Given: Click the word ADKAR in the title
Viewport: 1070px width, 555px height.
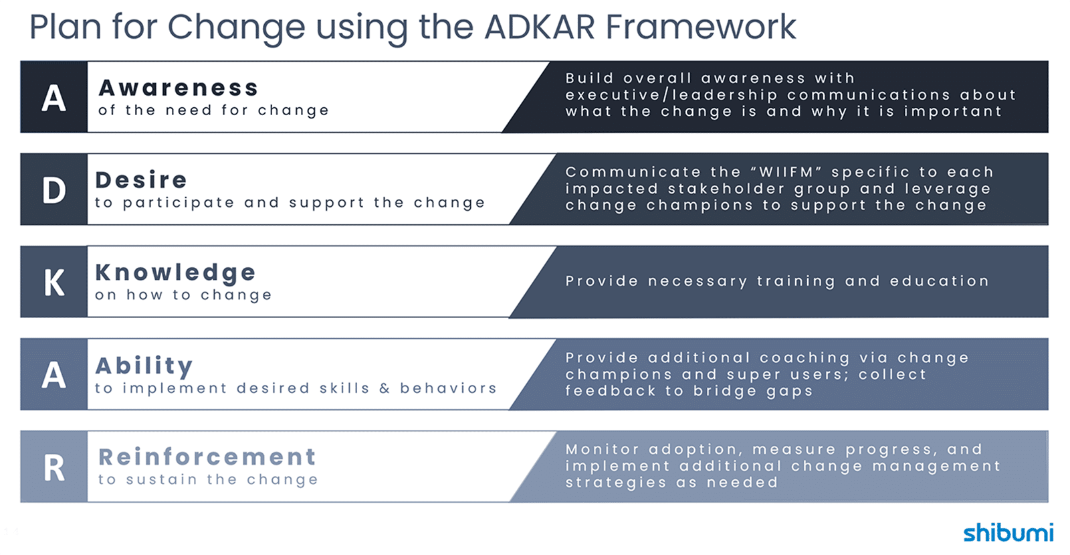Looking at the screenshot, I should pos(539,27).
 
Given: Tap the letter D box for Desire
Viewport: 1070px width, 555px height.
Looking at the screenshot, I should pos(54,189).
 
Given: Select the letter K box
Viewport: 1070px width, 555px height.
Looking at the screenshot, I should pos(54,282).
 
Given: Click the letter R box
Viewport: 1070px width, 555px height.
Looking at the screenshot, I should pos(54,467).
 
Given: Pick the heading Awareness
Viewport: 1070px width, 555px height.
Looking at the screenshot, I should pos(179,88).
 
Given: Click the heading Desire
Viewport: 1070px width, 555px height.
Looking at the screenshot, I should pos(141,180).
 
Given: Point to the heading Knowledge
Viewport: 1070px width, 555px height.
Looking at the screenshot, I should pos(175,272).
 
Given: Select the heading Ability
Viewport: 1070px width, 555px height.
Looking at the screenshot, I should pos(144,366).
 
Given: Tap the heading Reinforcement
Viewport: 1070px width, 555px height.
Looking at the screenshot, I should pos(207,457).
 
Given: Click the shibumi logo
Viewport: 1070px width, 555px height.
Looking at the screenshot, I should pos(1008,532).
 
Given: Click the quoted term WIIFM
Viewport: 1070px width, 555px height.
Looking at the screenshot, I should pos(786,172).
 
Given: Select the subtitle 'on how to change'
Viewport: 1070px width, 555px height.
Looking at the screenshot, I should pos(184,295).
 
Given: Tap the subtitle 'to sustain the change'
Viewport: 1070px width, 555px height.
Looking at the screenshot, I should pos(208,480).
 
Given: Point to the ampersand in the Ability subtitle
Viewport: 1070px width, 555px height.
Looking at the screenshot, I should pos(385,388).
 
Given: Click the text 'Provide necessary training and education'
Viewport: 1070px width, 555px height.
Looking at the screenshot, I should pos(777,281).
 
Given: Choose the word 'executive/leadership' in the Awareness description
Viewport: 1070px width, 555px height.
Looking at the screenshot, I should pos(671,95).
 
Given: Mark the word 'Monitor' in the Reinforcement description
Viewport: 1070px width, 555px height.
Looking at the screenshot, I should pos(602,449).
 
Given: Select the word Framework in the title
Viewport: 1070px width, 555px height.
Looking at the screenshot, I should pos(700,27).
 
